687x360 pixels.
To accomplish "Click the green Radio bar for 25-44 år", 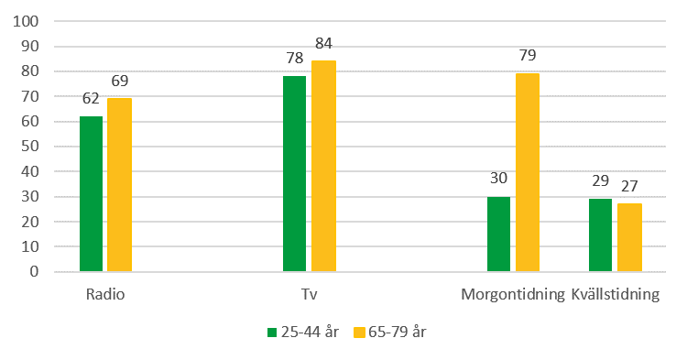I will pos(91,193).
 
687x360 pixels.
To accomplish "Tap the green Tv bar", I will pos(294,173).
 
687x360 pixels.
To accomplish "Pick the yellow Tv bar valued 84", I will pos(323,166).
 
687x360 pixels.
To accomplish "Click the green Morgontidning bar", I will pos(498,234).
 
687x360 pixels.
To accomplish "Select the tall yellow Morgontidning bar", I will pos(527,172).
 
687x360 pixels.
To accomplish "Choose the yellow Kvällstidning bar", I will pos(629,237).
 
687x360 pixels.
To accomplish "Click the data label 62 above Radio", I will pos(91,98).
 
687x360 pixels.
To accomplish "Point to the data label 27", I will pos(629,185).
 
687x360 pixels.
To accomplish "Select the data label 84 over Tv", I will pos(323,42).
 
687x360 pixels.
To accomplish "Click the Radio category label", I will pos(104,295).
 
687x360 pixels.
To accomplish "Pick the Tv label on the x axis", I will pos(309,295).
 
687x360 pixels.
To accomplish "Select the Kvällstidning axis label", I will pos(615,295).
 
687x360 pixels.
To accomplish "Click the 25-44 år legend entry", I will pos(303,332).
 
